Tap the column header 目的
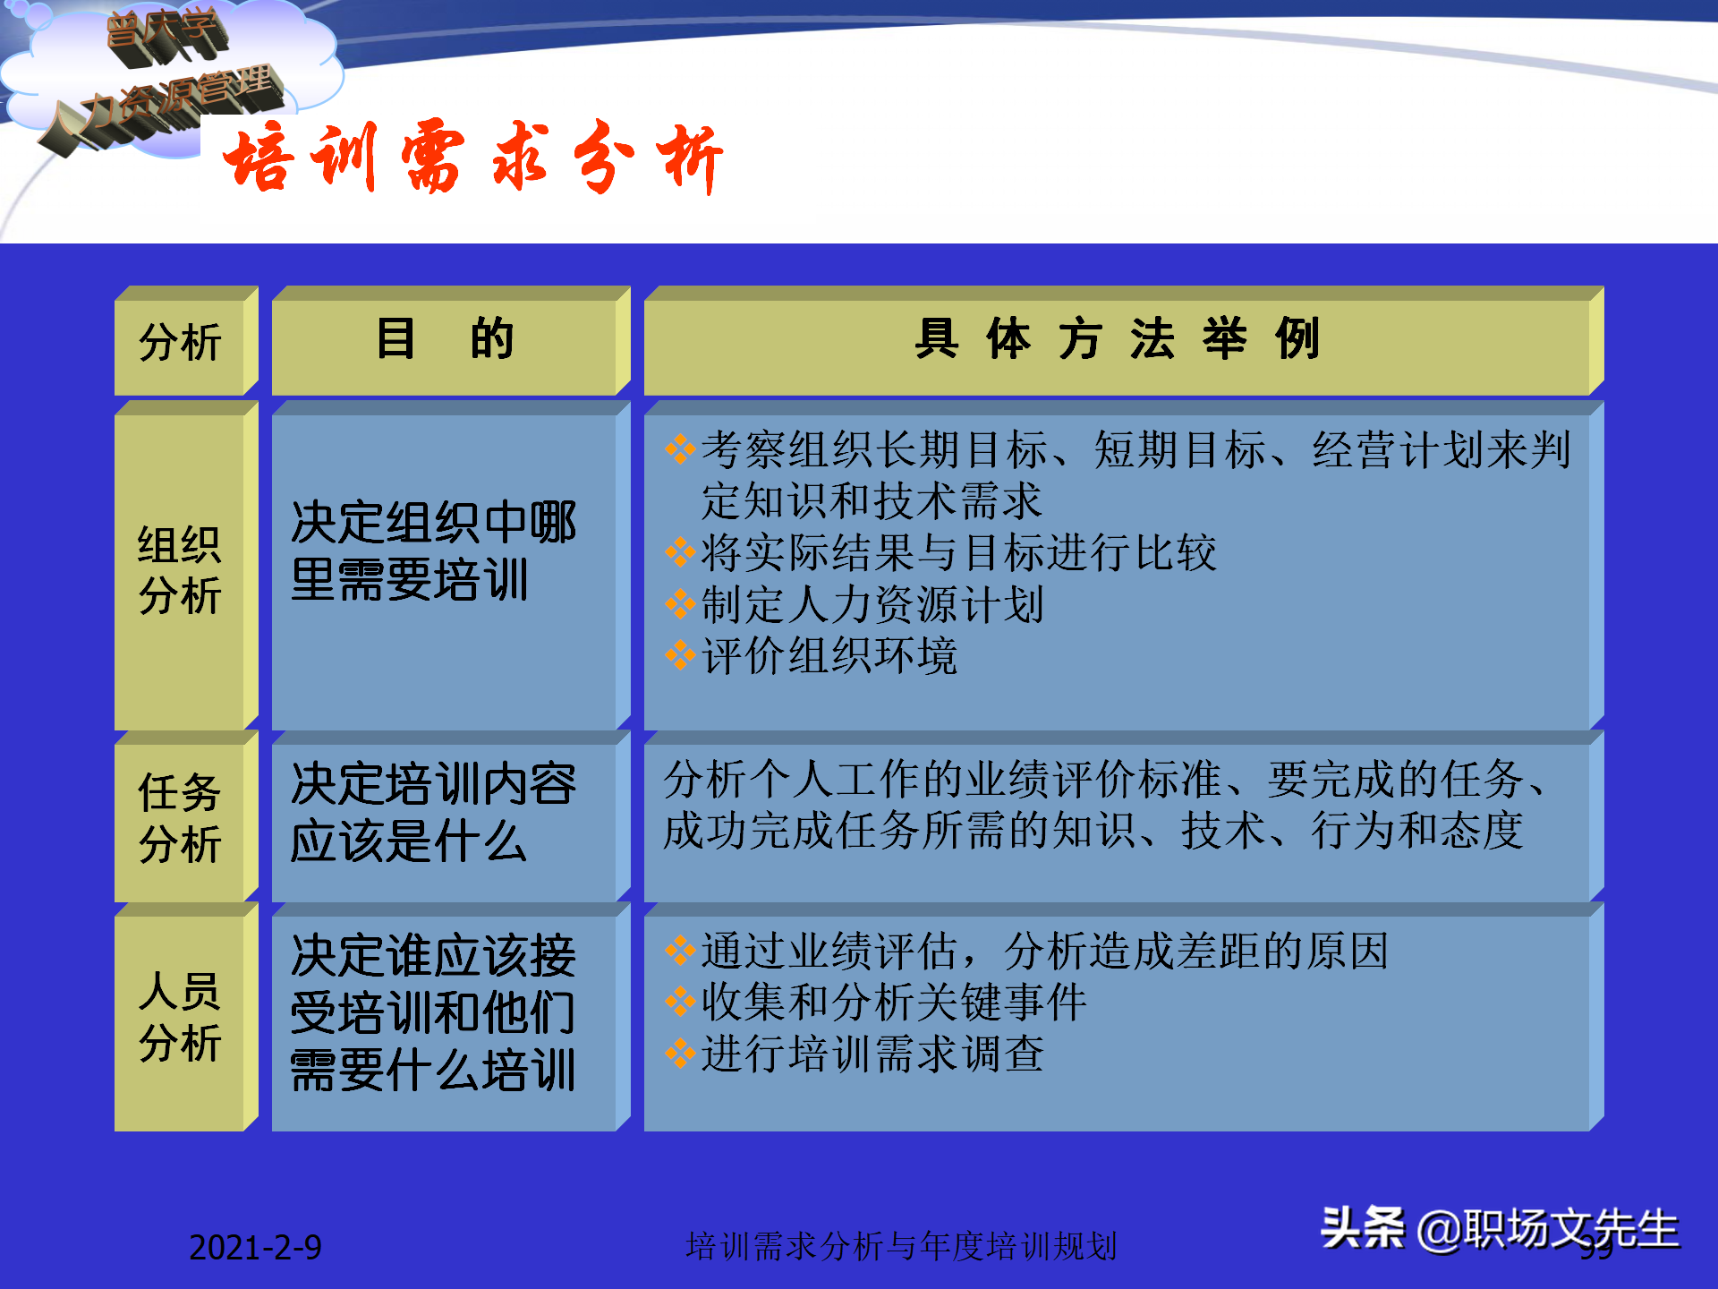[445, 340]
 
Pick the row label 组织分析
[180, 570]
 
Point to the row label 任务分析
[180, 818]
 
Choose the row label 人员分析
[180, 1017]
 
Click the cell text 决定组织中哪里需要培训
[433, 551]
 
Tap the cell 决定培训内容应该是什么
[433, 812]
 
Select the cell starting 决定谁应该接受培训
[433, 1012]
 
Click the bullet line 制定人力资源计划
[872, 605]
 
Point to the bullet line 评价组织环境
[829, 656]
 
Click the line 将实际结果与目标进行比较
[957, 553]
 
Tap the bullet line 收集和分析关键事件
[893, 1003]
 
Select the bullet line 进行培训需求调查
[872, 1054]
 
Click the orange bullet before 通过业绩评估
[680, 951]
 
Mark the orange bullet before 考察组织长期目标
[680, 449]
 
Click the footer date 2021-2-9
[255, 1247]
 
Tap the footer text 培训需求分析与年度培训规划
[901, 1246]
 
